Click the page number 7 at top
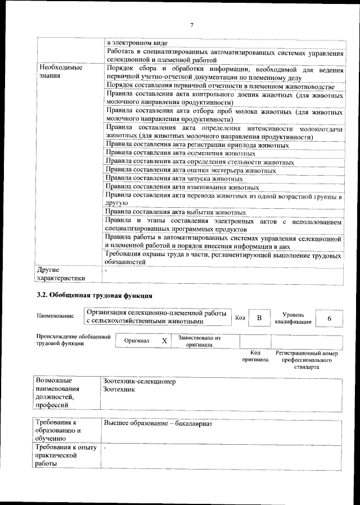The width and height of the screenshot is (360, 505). tap(191, 25)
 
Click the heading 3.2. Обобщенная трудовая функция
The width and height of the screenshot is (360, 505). tap(94, 295)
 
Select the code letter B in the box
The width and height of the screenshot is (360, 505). tap(259, 319)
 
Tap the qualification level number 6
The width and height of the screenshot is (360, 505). tap(330, 319)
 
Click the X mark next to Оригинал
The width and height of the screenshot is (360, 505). tap(164, 341)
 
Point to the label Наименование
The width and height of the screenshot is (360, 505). tap(55, 316)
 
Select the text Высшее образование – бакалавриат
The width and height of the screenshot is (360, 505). tap(158, 422)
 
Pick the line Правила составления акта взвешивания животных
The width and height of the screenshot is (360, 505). tap(182, 187)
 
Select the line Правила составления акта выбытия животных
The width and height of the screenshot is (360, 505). tap(176, 212)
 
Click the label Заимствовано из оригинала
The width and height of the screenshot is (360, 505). tap(199, 341)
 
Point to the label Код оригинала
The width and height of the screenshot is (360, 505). tap(255, 356)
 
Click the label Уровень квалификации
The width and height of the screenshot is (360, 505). tap(293, 319)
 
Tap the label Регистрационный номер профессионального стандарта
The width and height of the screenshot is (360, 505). tap(307, 360)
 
